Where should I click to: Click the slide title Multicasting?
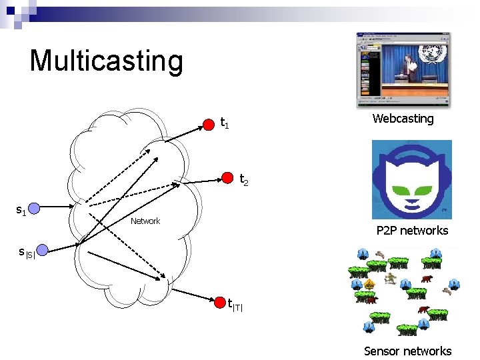[x=106, y=60]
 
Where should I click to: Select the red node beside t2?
[x=227, y=178]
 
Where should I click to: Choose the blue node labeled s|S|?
[x=43, y=250]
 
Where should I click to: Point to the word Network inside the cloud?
[x=145, y=221]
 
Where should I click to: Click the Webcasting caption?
[x=403, y=119]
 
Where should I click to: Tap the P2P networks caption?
[x=412, y=231]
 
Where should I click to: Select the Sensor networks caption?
[x=407, y=351]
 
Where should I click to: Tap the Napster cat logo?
[x=411, y=179]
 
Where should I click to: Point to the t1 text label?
[x=225, y=123]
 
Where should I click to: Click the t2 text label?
[x=244, y=180]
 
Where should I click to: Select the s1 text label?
[x=21, y=211]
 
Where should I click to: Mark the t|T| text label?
[x=235, y=305]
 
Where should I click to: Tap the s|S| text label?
[x=26, y=252]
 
